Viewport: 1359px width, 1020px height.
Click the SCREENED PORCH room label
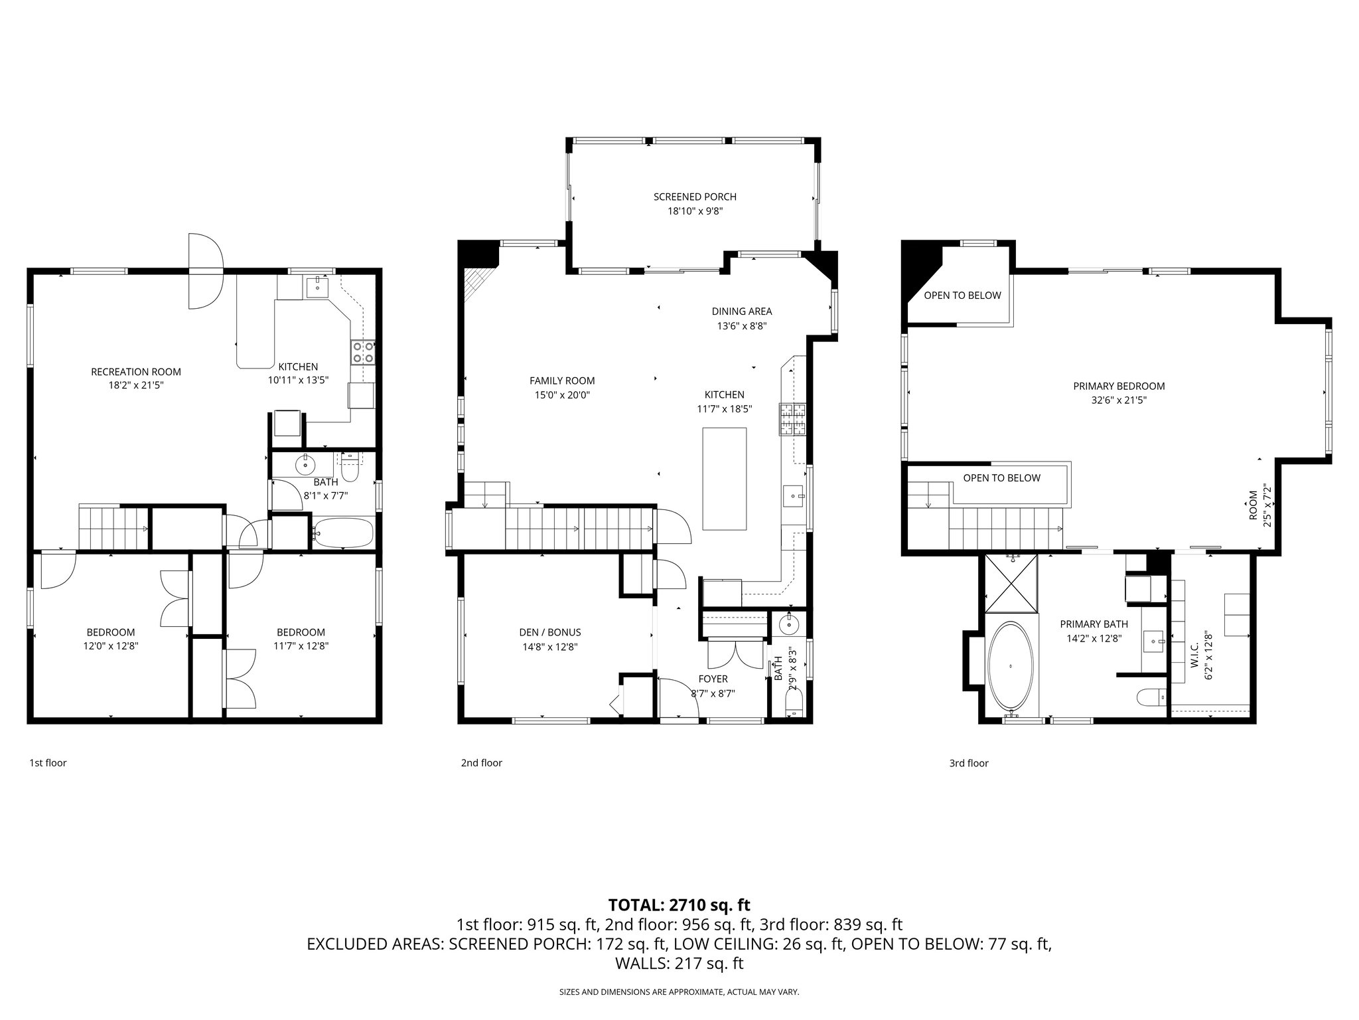point(695,197)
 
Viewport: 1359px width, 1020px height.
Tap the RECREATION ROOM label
point(136,372)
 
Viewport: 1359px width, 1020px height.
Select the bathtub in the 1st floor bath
point(342,533)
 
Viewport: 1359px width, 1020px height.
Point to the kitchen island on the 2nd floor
point(724,479)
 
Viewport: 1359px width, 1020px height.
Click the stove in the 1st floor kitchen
point(363,351)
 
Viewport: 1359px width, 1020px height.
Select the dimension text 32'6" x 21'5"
point(1119,400)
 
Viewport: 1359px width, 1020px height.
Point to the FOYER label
point(713,679)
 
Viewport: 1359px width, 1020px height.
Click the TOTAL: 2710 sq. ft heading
point(679,904)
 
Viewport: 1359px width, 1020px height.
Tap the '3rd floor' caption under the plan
point(968,763)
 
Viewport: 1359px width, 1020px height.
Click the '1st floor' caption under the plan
point(48,763)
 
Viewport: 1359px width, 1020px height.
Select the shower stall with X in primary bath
point(1011,583)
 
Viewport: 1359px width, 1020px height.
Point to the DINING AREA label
point(741,311)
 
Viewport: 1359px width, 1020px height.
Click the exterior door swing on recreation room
point(206,271)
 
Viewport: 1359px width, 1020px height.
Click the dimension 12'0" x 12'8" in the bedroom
point(111,645)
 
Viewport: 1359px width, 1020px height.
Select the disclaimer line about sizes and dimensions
point(679,992)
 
